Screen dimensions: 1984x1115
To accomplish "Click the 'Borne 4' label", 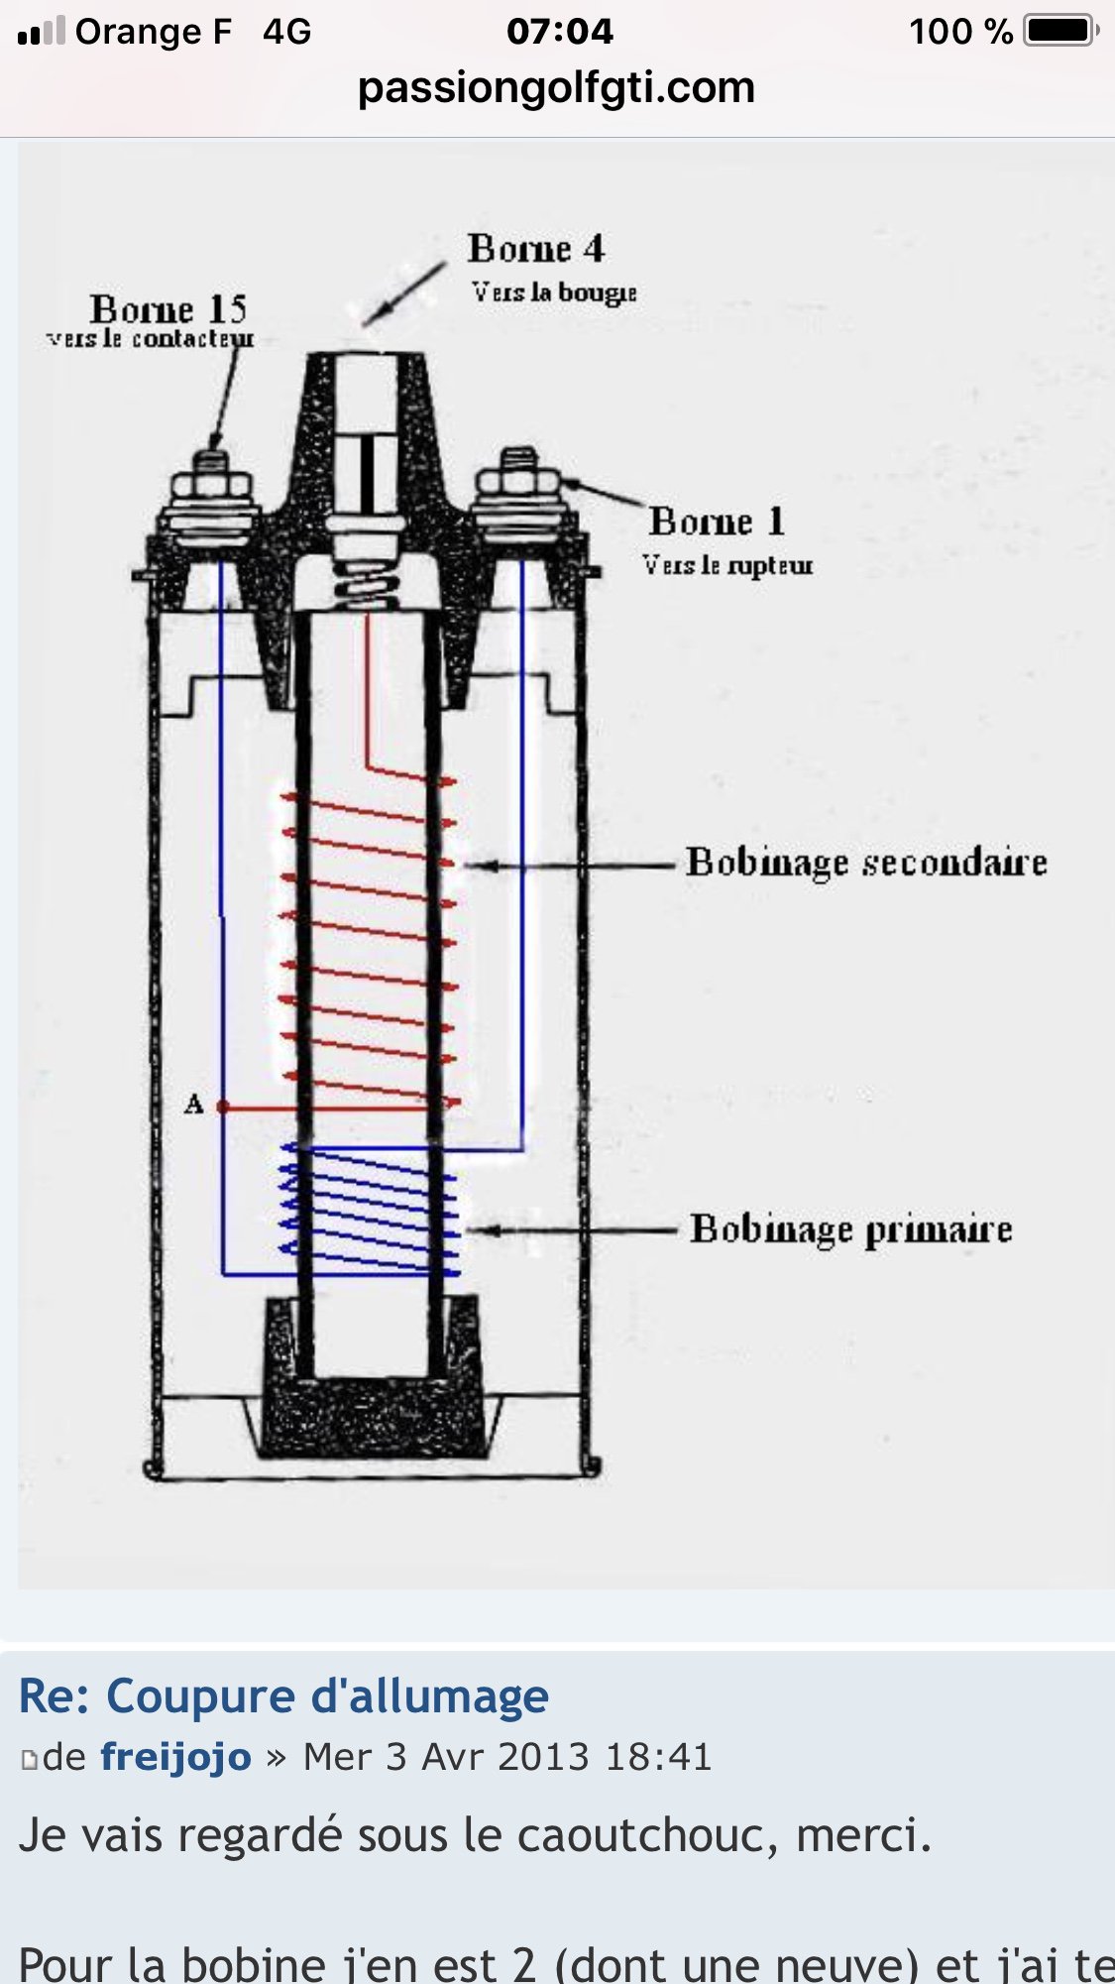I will [535, 249].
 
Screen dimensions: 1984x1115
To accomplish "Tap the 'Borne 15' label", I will [167, 309].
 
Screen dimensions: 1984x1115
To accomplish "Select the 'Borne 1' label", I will [717, 522].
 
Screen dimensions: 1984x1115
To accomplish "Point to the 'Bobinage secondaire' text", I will [866, 863].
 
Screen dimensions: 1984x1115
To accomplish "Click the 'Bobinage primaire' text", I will [850, 1229].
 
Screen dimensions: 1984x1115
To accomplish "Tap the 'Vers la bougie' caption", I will [553, 292].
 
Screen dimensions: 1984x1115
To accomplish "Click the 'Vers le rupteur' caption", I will [726, 565].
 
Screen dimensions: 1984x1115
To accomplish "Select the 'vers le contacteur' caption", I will [150, 339].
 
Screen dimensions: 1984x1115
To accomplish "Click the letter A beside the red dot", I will [193, 1105].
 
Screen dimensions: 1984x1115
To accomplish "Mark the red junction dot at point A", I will [223, 1107].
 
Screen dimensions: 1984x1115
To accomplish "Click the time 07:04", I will [559, 31].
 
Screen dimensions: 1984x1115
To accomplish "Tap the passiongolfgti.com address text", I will [556, 87].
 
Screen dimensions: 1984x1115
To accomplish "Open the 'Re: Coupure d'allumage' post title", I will [283, 1695].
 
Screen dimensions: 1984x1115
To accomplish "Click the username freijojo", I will [175, 1757].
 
